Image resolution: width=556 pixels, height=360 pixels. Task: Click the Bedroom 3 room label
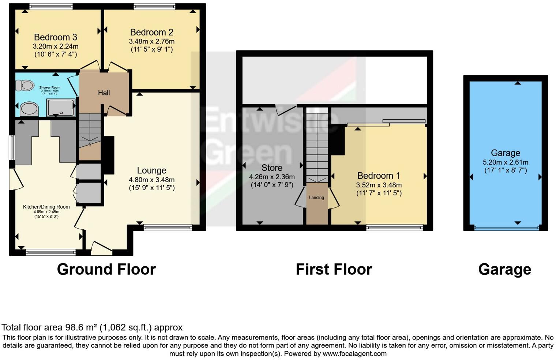coord(56,37)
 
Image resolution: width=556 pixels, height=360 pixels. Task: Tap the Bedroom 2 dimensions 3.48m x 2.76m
coord(151,41)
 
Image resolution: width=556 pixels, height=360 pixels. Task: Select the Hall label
coord(104,93)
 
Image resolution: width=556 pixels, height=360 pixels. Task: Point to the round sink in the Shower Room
coord(29,109)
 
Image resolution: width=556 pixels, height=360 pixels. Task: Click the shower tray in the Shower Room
coord(61,108)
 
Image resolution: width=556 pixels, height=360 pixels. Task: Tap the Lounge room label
coord(151,170)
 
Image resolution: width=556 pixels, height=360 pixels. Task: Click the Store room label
coord(272,168)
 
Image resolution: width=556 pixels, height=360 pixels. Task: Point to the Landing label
coord(316,198)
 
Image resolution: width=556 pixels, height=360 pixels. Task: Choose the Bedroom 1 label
coord(379,176)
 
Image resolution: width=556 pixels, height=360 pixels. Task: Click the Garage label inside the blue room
coord(506,153)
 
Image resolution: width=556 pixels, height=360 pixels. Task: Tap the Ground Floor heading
coord(106,269)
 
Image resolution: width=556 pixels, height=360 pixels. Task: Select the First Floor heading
coord(334,269)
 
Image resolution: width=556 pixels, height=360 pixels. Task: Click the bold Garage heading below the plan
coord(504,269)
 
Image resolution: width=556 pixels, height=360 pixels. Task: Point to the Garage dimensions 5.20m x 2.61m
coord(506,162)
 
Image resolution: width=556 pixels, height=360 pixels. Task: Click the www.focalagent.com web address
coord(354,354)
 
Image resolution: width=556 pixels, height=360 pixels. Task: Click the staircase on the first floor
coord(317,146)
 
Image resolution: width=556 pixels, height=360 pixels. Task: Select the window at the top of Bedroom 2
coord(154,6)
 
